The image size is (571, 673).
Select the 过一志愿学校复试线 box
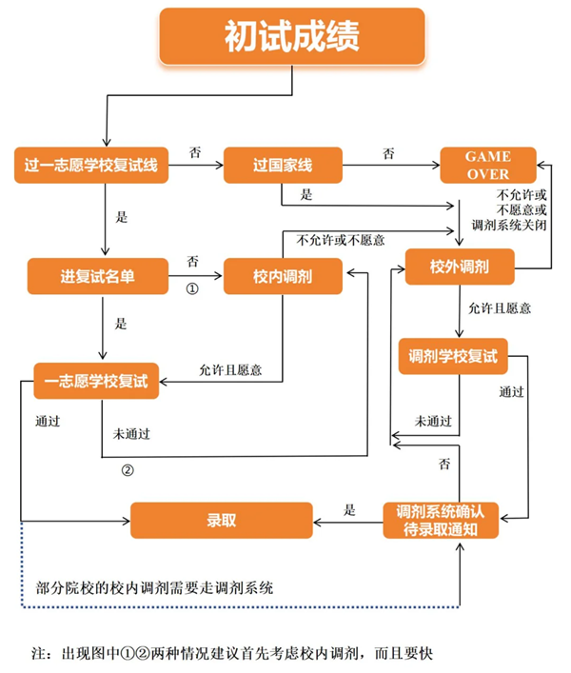(x=91, y=167)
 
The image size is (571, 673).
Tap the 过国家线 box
(x=282, y=167)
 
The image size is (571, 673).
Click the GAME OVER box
(x=487, y=167)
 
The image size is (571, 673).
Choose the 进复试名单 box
(x=98, y=277)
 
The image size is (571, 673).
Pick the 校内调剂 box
(x=283, y=277)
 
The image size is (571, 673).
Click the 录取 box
(x=221, y=521)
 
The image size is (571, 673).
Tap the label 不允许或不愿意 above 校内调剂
(x=341, y=240)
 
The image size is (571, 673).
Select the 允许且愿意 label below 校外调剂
(x=500, y=307)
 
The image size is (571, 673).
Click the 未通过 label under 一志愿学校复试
(x=131, y=433)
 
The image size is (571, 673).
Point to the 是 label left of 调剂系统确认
(x=349, y=509)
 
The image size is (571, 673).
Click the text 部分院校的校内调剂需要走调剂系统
(x=153, y=586)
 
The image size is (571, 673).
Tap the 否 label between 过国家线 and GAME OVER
(x=389, y=153)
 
